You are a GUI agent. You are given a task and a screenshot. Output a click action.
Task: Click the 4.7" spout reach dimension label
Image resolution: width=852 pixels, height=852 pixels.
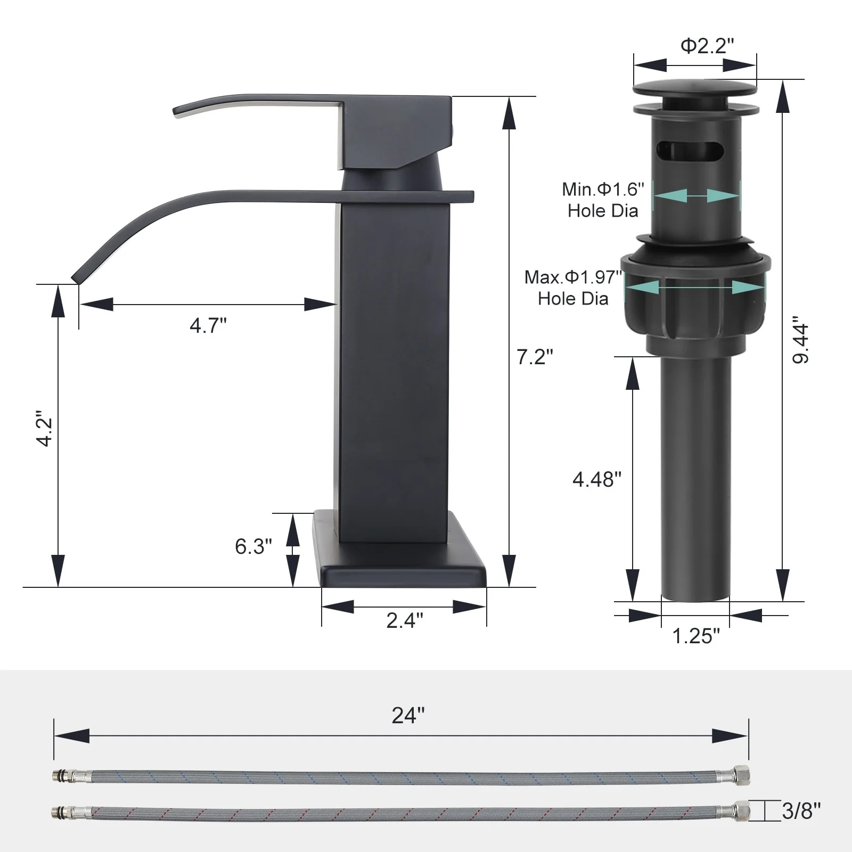pyautogui.click(x=208, y=325)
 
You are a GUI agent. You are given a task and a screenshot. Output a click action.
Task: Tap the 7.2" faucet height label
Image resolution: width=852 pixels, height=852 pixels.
pyautogui.click(x=535, y=357)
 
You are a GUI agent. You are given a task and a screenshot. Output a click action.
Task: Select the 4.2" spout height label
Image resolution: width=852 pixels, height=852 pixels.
pyautogui.click(x=44, y=428)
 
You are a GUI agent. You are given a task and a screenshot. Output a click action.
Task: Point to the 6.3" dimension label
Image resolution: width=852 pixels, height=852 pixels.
pyautogui.click(x=253, y=546)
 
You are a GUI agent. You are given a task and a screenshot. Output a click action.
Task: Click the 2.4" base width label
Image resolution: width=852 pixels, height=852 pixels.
pyautogui.click(x=405, y=620)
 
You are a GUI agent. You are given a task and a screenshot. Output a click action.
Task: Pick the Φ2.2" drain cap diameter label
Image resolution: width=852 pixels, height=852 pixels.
pyautogui.click(x=708, y=46)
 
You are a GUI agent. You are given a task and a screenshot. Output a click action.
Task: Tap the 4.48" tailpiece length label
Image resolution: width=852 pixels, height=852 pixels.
pyautogui.click(x=597, y=480)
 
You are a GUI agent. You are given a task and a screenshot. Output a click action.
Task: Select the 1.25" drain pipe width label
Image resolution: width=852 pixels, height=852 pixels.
pyautogui.click(x=696, y=636)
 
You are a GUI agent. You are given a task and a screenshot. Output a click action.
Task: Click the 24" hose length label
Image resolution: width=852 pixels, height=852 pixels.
pyautogui.click(x=408, y=716)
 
